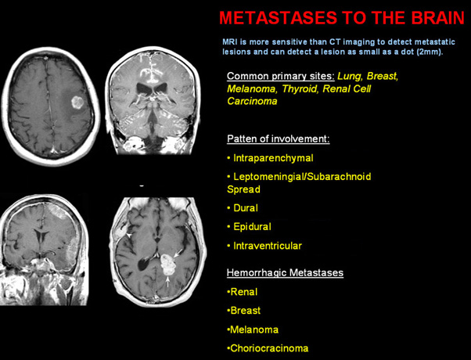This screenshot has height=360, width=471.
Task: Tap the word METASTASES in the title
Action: pos(279,18)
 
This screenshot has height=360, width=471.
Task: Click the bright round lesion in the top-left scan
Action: pos(77,103)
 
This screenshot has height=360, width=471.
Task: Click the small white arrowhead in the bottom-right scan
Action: pos(128,236)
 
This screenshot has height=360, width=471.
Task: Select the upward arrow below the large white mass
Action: pos(168,282)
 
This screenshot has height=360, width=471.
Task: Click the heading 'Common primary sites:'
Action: pos(281,76)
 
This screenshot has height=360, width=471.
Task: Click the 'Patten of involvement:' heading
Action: pos(279,139)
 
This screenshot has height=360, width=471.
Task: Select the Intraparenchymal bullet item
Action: pos(270,158)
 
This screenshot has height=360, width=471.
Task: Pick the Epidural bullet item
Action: pos(249,227)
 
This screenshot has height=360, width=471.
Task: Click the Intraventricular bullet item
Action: pos(264,246)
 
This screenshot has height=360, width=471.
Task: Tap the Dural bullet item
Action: pos(243,208)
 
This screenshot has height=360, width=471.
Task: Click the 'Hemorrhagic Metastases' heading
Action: pos(285,273)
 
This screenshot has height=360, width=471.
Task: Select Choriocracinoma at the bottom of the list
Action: pos(268,348)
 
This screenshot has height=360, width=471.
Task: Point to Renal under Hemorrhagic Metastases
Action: pos(242,292)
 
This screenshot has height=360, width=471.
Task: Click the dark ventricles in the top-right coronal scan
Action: pos(152,88)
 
